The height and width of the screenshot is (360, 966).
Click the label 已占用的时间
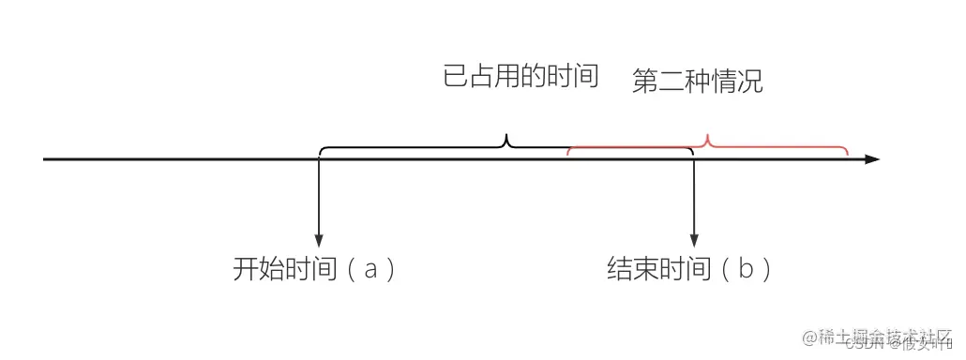[x=521, y=77]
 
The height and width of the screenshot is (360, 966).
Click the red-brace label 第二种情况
[x=698, y=82]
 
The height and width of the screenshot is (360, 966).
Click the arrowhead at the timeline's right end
[x=872, y=159]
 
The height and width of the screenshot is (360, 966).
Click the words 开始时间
[x=285, y=271]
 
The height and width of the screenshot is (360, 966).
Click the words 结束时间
[x=659, y=271]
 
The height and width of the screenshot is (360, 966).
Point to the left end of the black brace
[x=321, y=152]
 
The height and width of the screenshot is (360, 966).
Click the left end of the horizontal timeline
[x=45, y=159]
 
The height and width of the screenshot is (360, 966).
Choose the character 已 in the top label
[x=455, y=77]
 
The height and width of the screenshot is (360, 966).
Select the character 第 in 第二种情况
[x=645, y=82]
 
